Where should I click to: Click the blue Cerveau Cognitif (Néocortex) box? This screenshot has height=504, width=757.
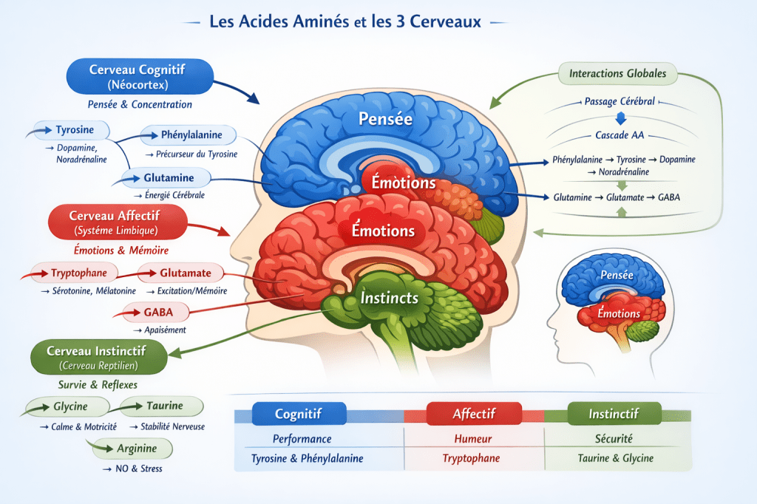(x=139, y=78)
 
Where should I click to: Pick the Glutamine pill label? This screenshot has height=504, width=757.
(x=169, y=178)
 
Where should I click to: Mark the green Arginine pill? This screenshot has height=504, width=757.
(x=134, y=448)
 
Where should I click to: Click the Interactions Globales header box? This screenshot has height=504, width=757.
(x=617, y=74)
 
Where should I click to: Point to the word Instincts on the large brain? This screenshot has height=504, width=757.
(x=390, y=299)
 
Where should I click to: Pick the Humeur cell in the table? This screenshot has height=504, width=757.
(x=472, y=439)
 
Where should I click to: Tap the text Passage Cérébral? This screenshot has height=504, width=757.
(x=619, y=101)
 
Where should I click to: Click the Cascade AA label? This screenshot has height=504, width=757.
(x=619, y=136)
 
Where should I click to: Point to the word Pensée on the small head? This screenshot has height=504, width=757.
(x=617, y=275)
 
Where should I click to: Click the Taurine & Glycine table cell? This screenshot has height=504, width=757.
(x=615, y=458)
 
